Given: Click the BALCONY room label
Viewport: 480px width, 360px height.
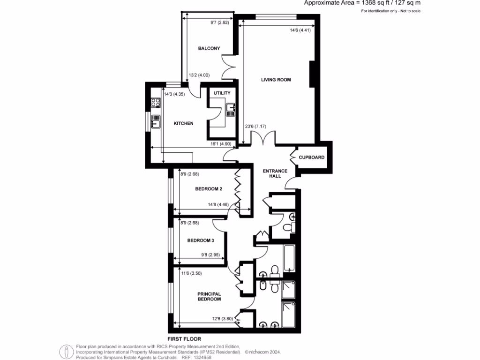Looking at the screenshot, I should (209, 49).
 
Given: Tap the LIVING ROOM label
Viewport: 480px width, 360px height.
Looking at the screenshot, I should (276, 80).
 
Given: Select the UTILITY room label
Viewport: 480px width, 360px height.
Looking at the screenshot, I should (222, 93).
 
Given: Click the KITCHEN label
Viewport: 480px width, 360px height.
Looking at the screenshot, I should (184, 123).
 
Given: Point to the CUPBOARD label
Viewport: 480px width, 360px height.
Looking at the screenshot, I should (312, 157).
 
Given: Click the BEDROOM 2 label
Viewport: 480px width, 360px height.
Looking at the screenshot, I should (209, 189).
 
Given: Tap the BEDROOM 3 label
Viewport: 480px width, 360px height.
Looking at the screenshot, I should (201, 240).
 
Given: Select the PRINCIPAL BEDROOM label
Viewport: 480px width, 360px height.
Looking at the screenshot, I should (209, 296).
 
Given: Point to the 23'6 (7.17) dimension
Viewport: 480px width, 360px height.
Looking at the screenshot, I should (255, 126).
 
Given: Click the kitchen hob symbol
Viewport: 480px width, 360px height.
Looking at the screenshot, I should (154, 102).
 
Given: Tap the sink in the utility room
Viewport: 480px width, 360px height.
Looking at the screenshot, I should (231, 109).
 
